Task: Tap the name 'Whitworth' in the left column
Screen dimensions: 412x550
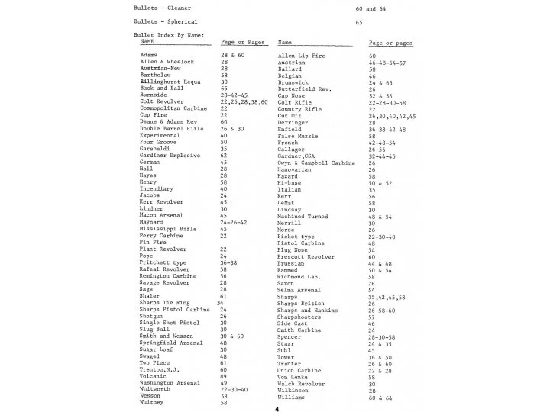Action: pyautogui.click(x=155, y=389)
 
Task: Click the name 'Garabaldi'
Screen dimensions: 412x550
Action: pyautogui.click(x=156, y=149)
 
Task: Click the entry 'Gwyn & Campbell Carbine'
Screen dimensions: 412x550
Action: pyautogui.click(x=315, y=163)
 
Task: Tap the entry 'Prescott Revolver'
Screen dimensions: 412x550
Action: pyautogui.click(x=305, y=257)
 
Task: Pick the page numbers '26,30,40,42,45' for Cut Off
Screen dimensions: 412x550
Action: pyautogui.click(x=392, y=116)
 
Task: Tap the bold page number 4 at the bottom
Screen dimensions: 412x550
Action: pyautogui.click(x=276, y=408)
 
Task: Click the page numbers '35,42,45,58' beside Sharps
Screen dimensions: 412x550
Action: pyautogui.click(x=387, y=297)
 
